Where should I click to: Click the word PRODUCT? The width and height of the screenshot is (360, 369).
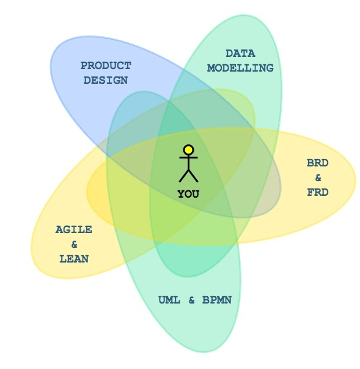pyautogui.click(x=106, y=65)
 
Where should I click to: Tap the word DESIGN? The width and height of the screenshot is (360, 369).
pyautogui.click(x=106, y=80)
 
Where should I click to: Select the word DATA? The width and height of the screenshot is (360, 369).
pyautogui.click(x=240, y=53)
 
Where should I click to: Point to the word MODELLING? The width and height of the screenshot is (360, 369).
pyautogui.click(x=240, y=68)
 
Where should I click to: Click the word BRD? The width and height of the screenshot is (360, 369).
pyautogui.click(x=318, y=163)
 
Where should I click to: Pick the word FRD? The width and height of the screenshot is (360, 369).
pyautogui.click(x=318, y=193)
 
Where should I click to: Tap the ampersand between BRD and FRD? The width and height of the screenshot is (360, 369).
pyautogui.click(x=318, y=177)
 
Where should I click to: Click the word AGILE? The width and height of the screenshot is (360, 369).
pyautogui.click(x=74, y=229)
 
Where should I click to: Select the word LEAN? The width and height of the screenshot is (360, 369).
pyautogui.click(x=74, y=259)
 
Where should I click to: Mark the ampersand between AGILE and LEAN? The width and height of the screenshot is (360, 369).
pyautogui.click(x=74, y=245)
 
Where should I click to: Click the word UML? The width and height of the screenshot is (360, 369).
pyautogui.click(x=169, y=300)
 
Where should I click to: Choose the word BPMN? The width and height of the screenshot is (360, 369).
pyautogui.click(x=217, y=300)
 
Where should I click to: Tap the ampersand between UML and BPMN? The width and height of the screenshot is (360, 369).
pyautogui.click(x=191, y=300)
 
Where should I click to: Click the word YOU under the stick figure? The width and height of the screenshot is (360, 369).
pyautogui.click(x=188, y=194)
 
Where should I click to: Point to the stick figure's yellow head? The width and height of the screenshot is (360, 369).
pyautogui.click(x=188, y=150)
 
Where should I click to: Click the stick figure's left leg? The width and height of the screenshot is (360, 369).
pyautogui.click(x=184, y=176)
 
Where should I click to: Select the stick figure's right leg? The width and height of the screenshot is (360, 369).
pyautogui.click(x=193, y=176)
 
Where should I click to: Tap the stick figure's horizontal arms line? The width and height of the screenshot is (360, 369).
pyautogui.click(x=188, y=157)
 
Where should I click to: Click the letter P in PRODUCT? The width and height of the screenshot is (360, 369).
pyautogui.click(x=84, y=65)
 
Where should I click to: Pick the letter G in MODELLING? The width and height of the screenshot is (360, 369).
pyautogui.click(x=270, y=68)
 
